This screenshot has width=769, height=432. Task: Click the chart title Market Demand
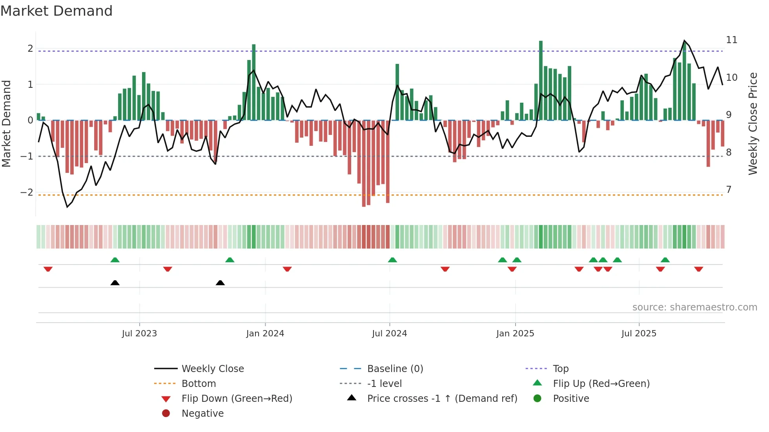pyautogui.click(x=56, y=11)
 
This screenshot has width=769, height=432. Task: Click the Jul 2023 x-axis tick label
pyautogui.click(x=139, y=334)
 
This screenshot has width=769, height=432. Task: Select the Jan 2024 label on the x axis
pyautogui.click(x=265, y=334)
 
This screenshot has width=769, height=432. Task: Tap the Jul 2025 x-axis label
pyautogui.click(x=639, y=334)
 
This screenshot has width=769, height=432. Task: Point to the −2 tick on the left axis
pyautogui.click(x=27, y=192)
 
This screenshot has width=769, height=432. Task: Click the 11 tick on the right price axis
pyautogui.click(x=732, y=40)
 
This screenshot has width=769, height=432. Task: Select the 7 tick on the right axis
pyautogui.click(x=729, y=190)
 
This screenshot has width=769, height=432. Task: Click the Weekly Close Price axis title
pyautogui.click(x=753, y=123)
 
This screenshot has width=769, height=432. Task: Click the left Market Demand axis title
pyautogui.click(x=7, y=123)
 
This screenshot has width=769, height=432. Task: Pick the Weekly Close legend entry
pyautogui.click(x=212, y=369)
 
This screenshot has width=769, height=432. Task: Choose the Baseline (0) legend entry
pyautogui.click(x=395, y=369)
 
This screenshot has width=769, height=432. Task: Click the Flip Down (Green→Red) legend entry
pyautogui.click(x=237, y=399)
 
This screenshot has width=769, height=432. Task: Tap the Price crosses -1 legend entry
pyautogui.click(x=442, y=399)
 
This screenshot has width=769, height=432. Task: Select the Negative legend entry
pyautogui.click(x=202, y=414)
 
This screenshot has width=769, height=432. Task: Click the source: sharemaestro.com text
pyautogui.click(x=694, y=307)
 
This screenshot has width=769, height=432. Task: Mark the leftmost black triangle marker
pyautogui.click(x=115, y=283)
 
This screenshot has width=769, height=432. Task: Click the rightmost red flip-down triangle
pyautogui.click(x=698, y=269)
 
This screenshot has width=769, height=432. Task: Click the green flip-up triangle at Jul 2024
pyautogui.click(x=392, y=260)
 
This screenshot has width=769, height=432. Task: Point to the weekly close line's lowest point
pyautogui.click(x=67, y=207)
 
